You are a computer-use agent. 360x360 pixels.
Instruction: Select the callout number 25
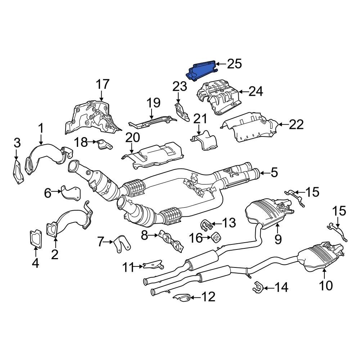click(x=234, y=64)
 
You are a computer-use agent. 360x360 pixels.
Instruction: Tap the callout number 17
click(x=102, y=85)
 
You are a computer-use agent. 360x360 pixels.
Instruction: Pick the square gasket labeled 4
click(x=35, y=240)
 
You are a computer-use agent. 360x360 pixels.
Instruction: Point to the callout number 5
click(x=274, y=173)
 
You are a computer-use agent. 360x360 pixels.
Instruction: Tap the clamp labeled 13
click(x=206, y=225)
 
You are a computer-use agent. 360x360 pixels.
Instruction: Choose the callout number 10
click(x=326, y=285)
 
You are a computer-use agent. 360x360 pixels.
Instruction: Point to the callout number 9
click(x=278, y=239)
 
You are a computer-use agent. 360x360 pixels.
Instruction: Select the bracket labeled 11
click(x=153, y=266)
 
